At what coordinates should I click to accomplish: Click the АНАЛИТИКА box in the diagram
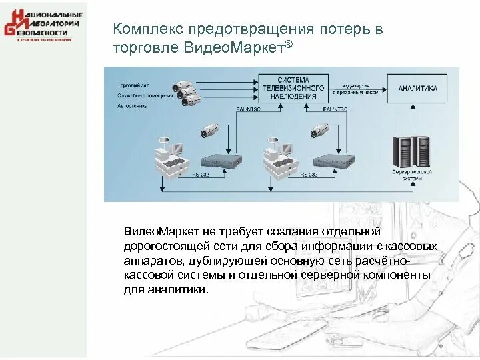(418, 88)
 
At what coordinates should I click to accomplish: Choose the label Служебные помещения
(145, 95)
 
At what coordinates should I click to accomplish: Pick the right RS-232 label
(309, 175)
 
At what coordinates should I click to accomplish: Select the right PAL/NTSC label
(335, 109)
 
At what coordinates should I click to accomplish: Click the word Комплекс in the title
(149, 30)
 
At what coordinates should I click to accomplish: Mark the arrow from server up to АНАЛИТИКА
(413, 120)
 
